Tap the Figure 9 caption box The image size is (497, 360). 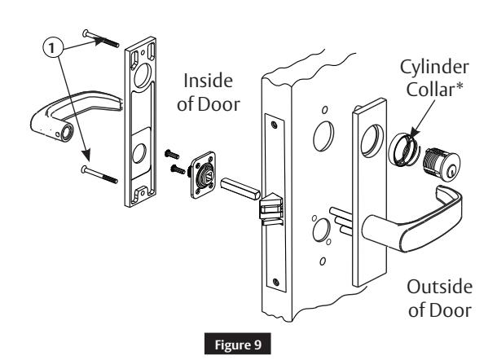click(x=237, y=344)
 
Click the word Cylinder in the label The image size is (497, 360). click(x=434, y=68)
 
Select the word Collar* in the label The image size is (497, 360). click(x=434, y=90)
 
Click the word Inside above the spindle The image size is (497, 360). click(x=208, y=81)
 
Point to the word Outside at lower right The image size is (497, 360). click(x=440, y=288)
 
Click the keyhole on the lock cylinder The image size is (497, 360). click(x=450, y=172)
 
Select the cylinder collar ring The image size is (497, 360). click(x=400, y=149)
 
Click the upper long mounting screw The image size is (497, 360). click(x=100, y=38)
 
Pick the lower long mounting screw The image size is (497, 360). click(x=99, y=174)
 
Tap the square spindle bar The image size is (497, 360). click(x=240, y=189)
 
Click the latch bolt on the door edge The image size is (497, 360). click(x=270, y=206)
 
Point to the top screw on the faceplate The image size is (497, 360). click(x=275, y=125)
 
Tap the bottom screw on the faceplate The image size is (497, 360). click(x=276, y=282)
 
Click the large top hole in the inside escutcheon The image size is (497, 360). click(x=143, y=76)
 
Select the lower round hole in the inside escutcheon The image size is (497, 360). click(x=139, y=153)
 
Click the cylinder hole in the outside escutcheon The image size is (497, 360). click(x=372, y=141)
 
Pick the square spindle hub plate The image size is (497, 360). click(x=203, y=175)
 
